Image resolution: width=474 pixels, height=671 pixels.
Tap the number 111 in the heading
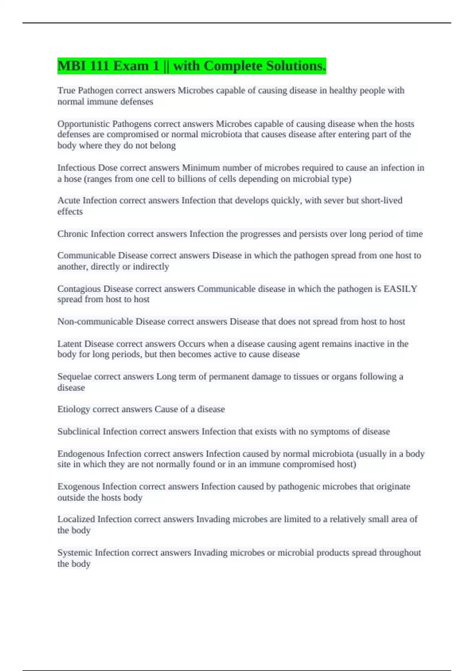99,66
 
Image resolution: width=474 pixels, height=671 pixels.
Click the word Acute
69,201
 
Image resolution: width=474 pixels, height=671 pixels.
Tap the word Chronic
73,234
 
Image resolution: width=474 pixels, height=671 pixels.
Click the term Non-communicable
95,322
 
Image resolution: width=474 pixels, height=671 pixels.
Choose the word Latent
70,344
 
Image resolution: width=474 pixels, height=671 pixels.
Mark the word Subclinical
79,431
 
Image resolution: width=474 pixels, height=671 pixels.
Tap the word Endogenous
81,454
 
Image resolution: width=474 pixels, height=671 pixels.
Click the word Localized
76,519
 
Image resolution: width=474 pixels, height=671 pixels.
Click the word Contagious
79,289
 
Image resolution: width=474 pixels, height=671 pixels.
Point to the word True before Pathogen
66,91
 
